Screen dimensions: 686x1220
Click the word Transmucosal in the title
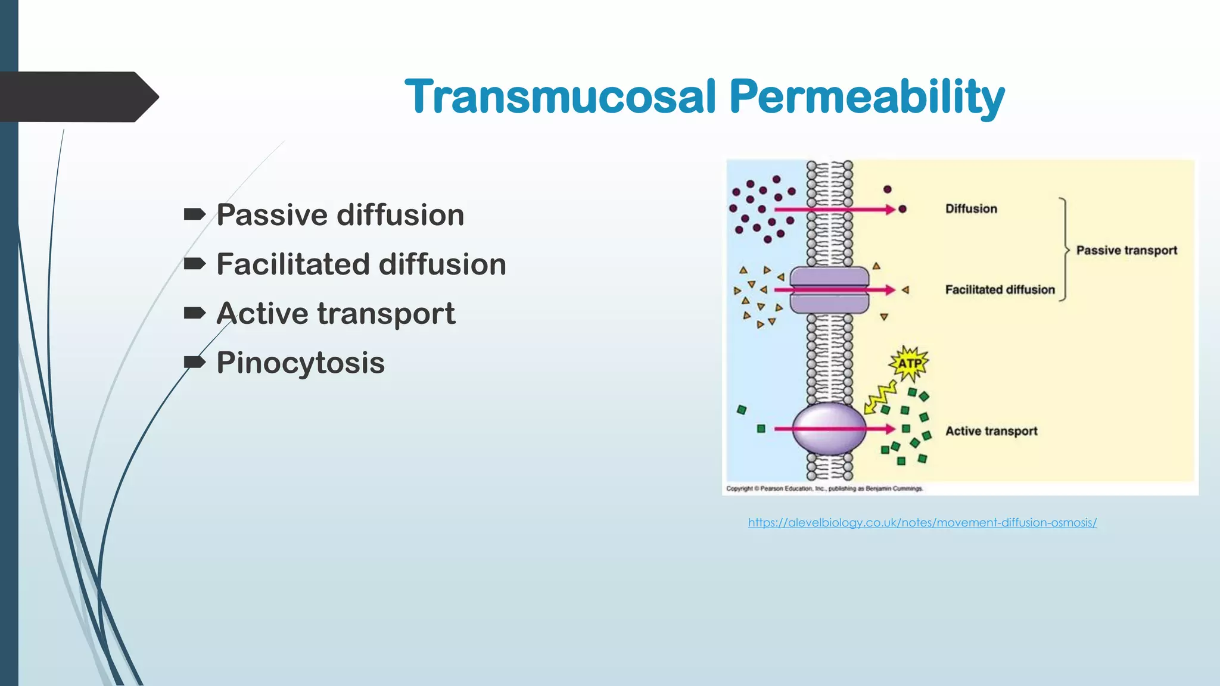560,96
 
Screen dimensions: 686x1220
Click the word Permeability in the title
867,96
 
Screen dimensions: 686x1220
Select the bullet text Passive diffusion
340,215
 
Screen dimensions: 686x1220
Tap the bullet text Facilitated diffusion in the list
361,264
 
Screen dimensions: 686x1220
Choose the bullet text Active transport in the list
335,313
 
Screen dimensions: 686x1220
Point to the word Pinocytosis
300,363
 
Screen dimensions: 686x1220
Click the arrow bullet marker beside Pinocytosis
195,362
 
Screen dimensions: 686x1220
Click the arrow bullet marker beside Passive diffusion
195,214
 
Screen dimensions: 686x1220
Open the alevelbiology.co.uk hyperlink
922,523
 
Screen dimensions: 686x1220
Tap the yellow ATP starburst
909,363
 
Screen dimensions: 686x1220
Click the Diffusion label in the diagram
971,209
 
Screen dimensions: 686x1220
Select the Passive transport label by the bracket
1126,251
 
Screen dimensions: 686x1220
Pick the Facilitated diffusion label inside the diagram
1000,290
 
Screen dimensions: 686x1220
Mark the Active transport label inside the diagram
991,431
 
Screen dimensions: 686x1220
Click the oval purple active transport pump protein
829,429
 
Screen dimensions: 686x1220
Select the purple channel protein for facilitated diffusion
829,290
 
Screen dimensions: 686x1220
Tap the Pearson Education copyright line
824,489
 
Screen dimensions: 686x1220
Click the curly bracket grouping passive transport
1065,250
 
